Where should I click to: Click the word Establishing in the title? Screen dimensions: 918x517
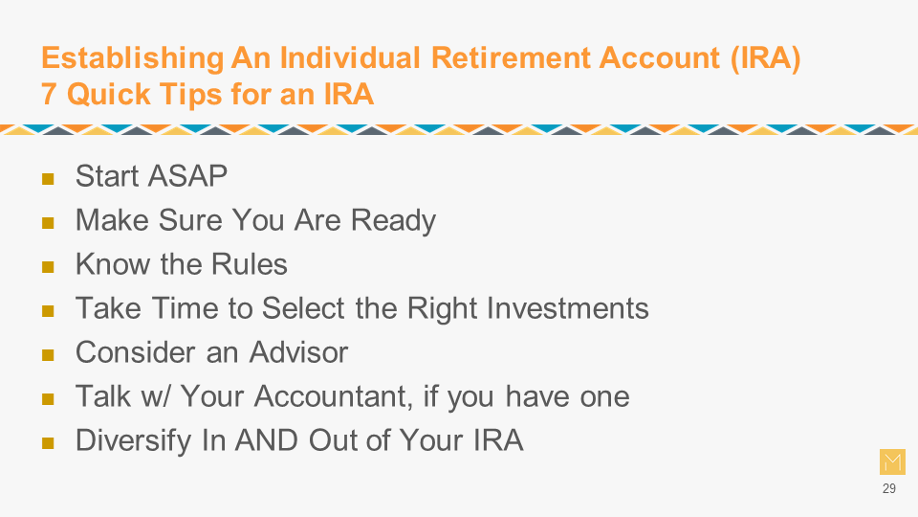pyautogui.click(x=132, y=59)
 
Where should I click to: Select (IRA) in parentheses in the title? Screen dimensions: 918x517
pyautogui.click(x=765, y=58)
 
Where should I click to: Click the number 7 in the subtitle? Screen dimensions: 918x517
pyautogui.click(x=49, y=94)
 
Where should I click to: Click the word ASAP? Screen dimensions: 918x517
pyautogui.click(x=188, y=176)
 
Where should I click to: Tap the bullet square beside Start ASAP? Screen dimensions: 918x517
pyautogui.click(x=48, y=179)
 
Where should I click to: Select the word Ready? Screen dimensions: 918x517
pyautogui.click(x=393, y=221)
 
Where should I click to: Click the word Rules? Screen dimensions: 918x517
pyautogui.click(x=250, y=264)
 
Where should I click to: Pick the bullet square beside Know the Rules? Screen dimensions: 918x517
pyautogui.click(x=48, y=267)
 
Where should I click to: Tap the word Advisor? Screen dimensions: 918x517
pyautogui.click(x=298, y=352)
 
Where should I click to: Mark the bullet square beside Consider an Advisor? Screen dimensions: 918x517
pyautogui.click(x=48, y=355)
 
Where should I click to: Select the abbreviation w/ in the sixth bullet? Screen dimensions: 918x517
pyautogui.click(x=156, y=396)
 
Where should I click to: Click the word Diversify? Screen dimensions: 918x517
pyautogui.click(x=133, y=441)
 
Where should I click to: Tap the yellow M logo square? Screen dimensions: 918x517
pyautogui.click(x=892, y=461)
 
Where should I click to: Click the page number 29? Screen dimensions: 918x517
pyautogui.click(x=889, y=488)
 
